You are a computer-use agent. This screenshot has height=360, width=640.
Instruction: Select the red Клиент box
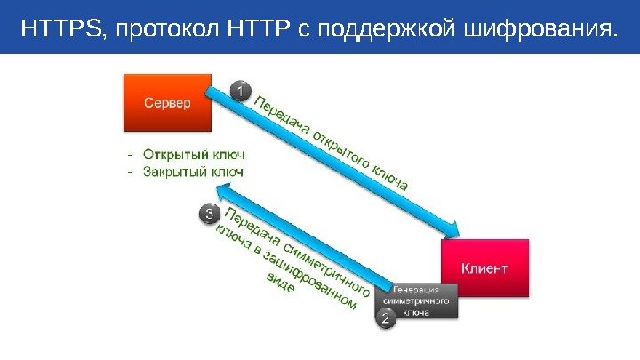[484, 267]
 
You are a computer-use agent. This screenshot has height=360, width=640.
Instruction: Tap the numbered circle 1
[242, 91]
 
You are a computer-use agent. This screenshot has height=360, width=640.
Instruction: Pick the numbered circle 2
[387, 316]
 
